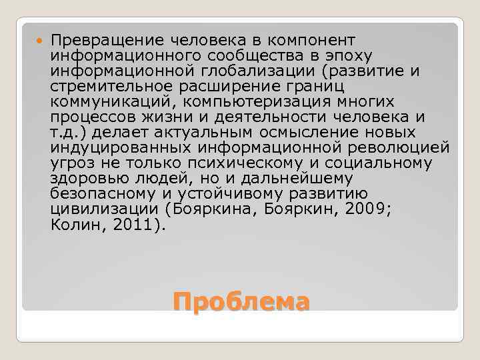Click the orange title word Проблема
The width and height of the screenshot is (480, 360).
[241, 301]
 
